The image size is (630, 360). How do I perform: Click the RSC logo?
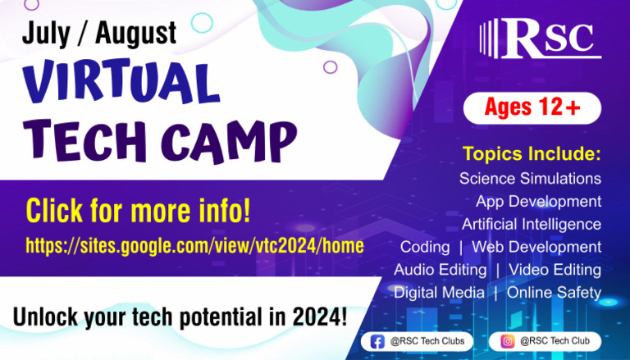[541, 39]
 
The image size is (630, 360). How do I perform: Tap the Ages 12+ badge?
[532, 107]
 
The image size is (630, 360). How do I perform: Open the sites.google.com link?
[195, 245]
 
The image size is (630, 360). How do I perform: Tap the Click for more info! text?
[138, 212]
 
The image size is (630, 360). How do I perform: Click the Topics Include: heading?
[532, 153]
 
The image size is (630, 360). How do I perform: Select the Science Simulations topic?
[530, 178]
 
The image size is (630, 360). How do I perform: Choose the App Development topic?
[538, 201]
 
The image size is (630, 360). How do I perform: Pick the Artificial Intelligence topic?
[532, 224]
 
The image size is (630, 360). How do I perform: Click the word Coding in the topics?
[425, 247]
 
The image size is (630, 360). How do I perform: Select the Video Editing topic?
[555, 270]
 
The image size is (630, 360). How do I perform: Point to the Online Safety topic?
[554, 293]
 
